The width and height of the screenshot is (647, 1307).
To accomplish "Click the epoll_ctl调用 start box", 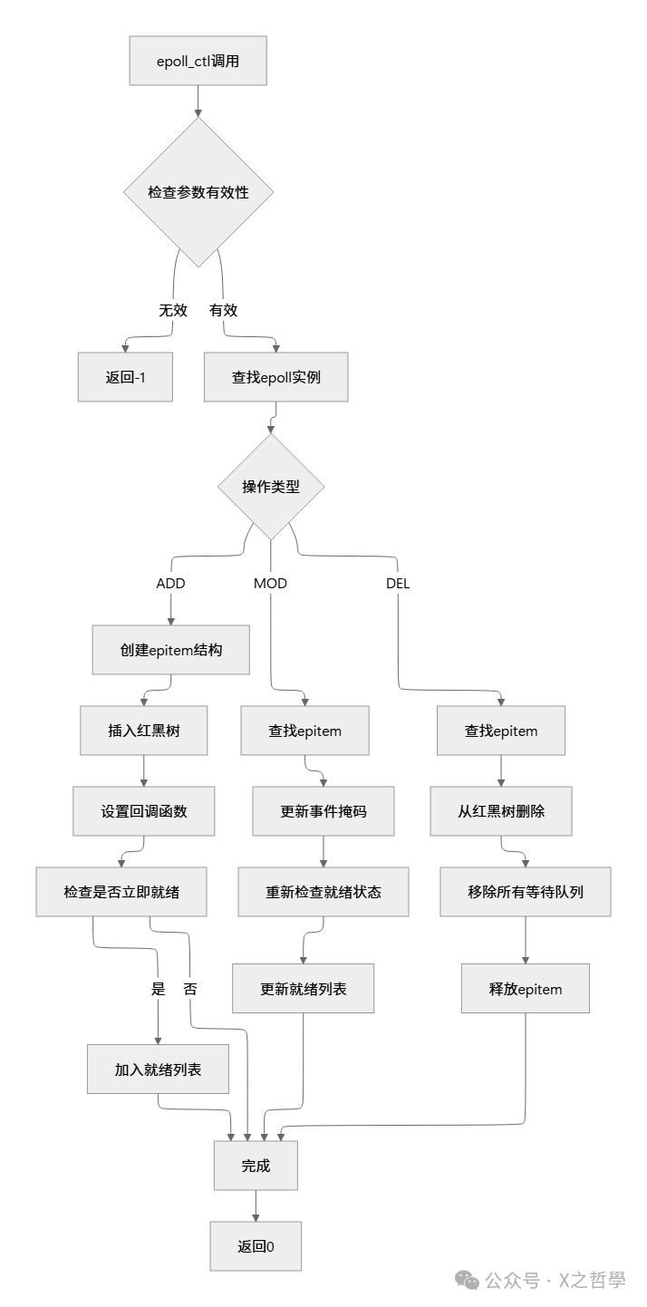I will (198, 62).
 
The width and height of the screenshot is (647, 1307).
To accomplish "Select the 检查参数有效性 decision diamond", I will (198, 192).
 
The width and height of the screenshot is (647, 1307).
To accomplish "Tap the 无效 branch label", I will (173, 310).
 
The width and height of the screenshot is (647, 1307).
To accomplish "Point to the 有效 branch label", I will (223, 310).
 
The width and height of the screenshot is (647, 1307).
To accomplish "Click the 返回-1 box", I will (126, 377).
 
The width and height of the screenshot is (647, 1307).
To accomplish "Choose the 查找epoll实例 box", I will (275, 377).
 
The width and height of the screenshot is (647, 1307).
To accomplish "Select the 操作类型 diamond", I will (270, 487).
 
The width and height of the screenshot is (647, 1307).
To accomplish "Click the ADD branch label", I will (170, 584).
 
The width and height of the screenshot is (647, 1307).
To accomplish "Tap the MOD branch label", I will (270, 584).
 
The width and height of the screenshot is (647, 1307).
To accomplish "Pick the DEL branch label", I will (398, 584).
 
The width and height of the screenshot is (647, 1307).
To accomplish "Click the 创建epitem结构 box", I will (170, 651).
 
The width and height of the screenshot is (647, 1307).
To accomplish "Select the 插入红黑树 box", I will (144, 731).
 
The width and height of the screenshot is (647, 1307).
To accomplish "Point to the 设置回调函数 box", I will (144, 811).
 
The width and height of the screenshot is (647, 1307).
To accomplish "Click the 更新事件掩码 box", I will (323, 811).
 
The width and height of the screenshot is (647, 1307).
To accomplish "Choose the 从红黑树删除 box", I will (501, 811).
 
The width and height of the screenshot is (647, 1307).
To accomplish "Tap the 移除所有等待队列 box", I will (526, 892).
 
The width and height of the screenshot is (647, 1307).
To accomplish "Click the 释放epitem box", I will (526, 989).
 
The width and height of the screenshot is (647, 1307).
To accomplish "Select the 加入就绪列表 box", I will (158, 1070).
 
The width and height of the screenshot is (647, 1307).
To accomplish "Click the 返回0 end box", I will (256, 1246).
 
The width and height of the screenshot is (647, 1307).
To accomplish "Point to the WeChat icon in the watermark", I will (467, 1280).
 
